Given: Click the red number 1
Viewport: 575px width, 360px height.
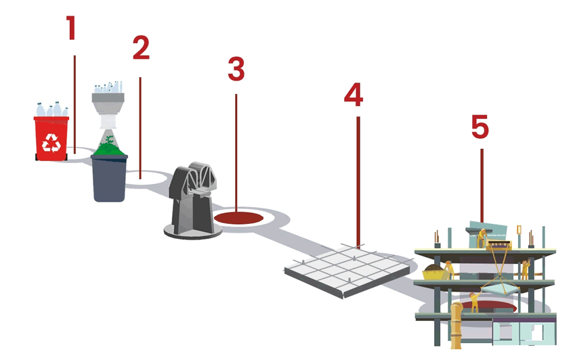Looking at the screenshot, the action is click(x=71, y=28).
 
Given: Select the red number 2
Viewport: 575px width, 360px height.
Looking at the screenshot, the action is click(x=141, y=47).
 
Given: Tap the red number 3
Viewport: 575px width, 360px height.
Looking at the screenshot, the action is click(x=236, y=69).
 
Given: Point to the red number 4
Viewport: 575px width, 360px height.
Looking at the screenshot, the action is click(x=354, y=95).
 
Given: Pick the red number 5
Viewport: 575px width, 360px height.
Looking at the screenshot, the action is click(x=480, y=127).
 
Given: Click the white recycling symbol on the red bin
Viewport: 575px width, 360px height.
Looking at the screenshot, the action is click(x=51, y=143).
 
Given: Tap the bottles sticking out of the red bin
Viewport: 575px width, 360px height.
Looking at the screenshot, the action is click(x=52, y=110).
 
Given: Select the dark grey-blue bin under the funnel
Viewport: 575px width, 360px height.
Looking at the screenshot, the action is click(x=109, y=178).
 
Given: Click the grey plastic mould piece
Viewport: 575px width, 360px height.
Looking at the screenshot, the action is click(x=193, y=200).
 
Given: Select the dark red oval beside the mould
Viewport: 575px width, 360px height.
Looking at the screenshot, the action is click(x=238, y=218).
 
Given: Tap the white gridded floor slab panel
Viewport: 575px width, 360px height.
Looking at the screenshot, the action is click(x=347, y=270).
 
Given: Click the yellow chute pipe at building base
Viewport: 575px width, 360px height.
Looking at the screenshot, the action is click(x=456, y=325).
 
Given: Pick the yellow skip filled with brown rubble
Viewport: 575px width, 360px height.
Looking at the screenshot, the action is click(x=433, y=273).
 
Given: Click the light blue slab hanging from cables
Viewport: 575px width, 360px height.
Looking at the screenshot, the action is click(x=501, y=288).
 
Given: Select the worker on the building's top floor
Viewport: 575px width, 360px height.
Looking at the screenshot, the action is click(x=482, y=238).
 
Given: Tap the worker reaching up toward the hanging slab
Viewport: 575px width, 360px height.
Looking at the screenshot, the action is click(x=475, y=302).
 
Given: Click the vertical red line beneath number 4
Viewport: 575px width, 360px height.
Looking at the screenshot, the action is click(x=358, y=182).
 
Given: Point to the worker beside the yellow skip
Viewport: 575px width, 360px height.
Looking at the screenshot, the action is click(x=449, y=270).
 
